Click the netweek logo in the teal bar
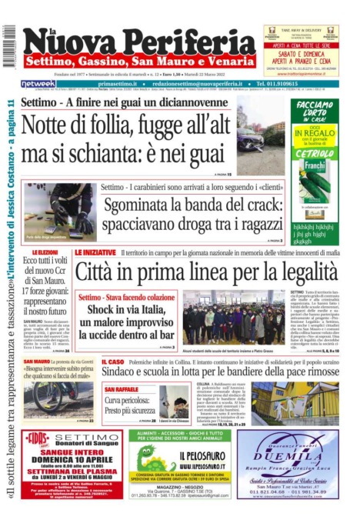click(38, 83)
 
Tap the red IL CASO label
click(112, 361)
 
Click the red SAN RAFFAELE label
click(121, 390)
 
